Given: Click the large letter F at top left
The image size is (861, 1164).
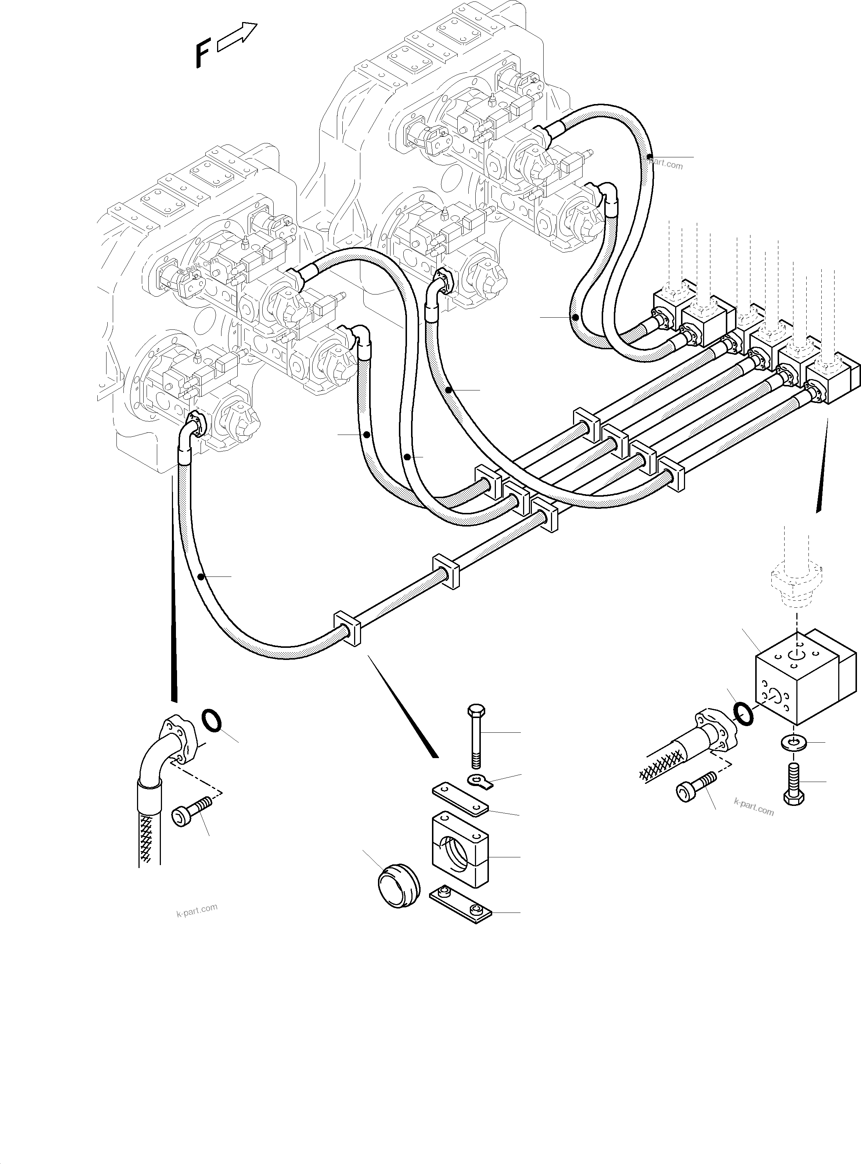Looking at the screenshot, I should coord(202,55).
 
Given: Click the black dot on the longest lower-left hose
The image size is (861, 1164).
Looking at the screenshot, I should coord(201,576).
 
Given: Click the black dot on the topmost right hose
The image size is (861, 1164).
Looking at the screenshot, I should coord(649,157).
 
